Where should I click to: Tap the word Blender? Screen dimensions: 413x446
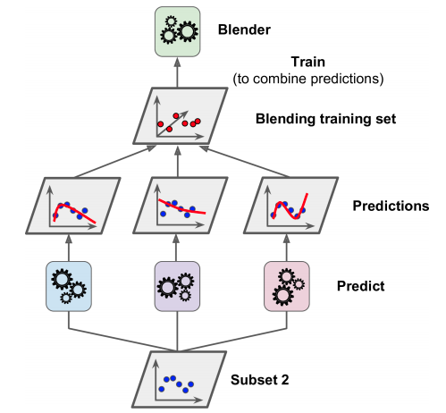(x=245, y=29)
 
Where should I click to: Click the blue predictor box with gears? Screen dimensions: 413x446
(x=67, y=286)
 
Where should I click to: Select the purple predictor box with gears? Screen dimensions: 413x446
(x=177, y=286)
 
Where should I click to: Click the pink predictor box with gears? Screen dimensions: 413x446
(x=287, y=286)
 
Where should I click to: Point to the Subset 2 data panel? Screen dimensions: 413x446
(x=177, y=379)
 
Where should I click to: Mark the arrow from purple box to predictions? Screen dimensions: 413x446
(x=177, y=245)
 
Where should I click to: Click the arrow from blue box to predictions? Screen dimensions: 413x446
(x=67, y=245)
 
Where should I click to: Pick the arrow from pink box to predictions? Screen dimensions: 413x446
(x=287, y=245)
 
